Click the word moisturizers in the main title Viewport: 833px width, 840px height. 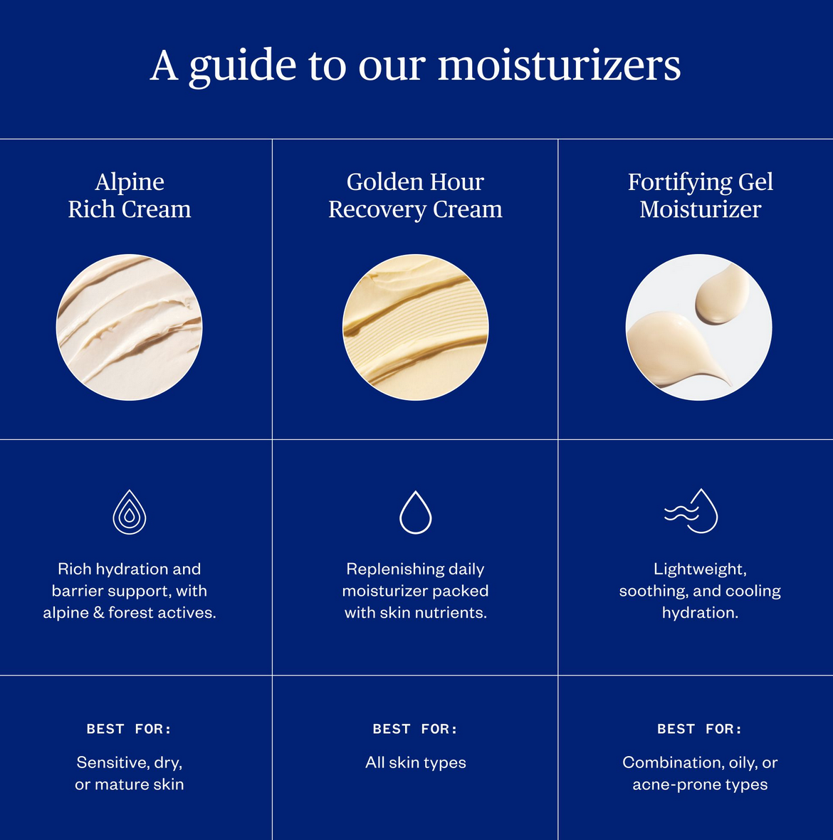[560, 65]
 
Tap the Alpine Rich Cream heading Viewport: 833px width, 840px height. [130, 196]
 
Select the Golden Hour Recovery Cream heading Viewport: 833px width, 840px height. [415, 196]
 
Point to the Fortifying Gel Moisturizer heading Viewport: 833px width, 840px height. [700, 196]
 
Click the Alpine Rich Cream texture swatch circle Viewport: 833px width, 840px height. [129, 327]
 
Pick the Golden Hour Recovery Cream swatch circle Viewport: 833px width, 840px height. [415, 327]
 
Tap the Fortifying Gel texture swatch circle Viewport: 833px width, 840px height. [698, 327]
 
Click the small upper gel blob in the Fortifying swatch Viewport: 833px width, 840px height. [722, 295]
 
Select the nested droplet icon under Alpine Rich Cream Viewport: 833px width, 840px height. [129, 512]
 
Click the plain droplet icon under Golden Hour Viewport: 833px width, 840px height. [415, 513]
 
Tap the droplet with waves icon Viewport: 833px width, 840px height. [691, 511]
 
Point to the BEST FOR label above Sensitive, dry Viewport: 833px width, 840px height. [129, 728]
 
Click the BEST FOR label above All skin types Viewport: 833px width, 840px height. [415, 728]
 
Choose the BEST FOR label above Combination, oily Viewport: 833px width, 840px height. [700, 728]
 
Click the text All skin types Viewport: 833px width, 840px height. [416, 763]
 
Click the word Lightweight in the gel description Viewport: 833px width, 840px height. [700, 569]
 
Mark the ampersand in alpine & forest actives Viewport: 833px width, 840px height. [98, 612]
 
